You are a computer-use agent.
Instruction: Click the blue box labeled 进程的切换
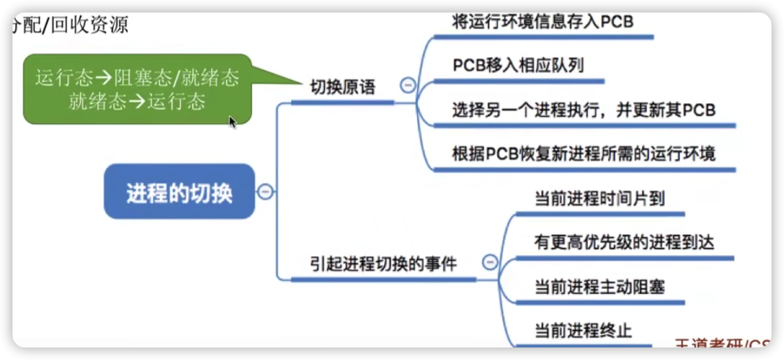[x=180, y=191]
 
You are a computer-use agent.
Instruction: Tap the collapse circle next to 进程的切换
[x=265, y=191]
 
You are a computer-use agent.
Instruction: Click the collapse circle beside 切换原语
[x=407, y=85]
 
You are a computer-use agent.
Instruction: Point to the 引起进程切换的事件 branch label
[x=383, y=264]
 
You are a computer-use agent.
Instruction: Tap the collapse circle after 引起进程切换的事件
[x=489, y=262]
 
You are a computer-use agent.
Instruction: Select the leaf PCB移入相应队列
[x=518, y=65]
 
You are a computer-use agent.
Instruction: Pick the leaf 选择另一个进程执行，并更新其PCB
[x=584, y=109]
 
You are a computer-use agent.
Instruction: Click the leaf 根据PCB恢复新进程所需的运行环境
[x=584, y=153]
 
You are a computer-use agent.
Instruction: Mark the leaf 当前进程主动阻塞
[x=600, y=286]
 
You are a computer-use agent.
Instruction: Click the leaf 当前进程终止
[x=583, y=330]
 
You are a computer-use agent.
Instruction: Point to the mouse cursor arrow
[x=233, y=122]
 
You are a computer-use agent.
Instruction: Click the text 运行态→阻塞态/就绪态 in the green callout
[x=137, y=77]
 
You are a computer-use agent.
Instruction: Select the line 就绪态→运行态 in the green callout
[x=137, y=102]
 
